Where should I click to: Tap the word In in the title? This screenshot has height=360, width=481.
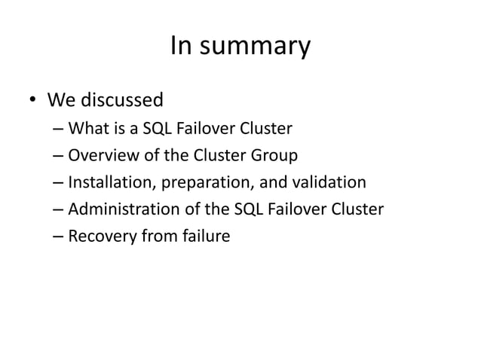point(181,47)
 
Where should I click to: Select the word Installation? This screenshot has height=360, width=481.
point(106,183)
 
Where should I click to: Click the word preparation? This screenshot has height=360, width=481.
point(195,183)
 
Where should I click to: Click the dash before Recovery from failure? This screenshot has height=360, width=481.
point(58,236)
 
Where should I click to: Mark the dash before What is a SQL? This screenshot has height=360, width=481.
point(58,130)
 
